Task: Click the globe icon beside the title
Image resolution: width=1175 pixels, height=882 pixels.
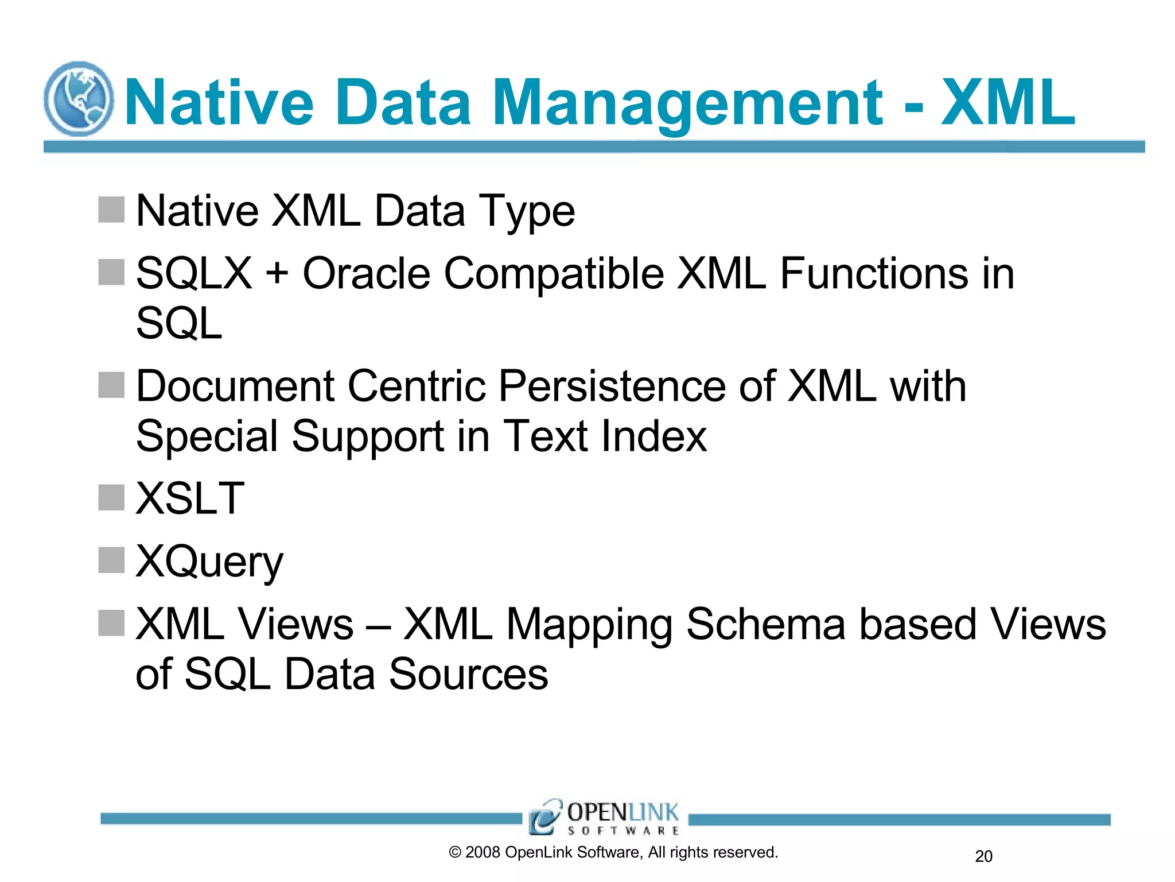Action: click(x=79, y=99)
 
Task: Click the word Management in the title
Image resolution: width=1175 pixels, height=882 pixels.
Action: click(x=687, y=103)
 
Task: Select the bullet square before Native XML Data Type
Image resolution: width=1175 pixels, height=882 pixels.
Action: click(x=111, y=210)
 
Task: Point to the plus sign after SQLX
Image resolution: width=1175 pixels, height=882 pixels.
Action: click(x=277, y=272)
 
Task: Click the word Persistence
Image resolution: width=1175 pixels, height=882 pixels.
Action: click(x=612, y=386)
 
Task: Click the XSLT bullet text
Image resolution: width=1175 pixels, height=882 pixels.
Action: click(x=190, y=498)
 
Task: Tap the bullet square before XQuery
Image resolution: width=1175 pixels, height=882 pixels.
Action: click(x=111, y=560)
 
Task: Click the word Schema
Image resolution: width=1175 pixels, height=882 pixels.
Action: click(x=765, y=624)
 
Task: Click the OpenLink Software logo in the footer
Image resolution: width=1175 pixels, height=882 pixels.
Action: click(x=605, y=817)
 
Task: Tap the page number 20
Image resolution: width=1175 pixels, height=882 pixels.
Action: click(x=983, y=856)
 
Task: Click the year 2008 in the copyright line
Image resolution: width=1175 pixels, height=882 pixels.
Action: click(x=483, y=853)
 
